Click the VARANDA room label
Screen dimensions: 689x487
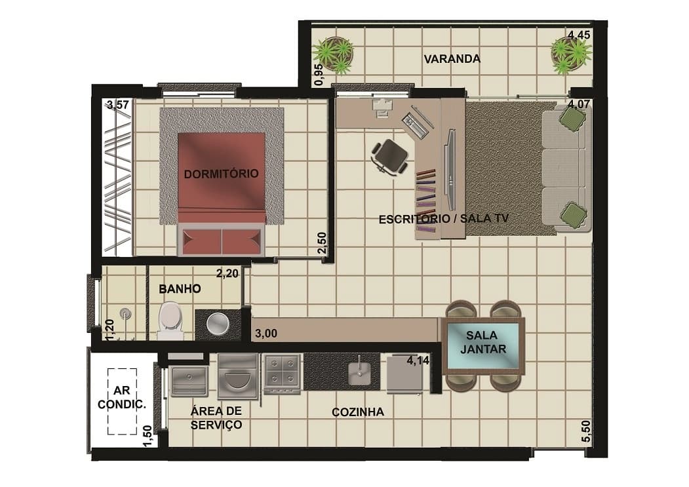452,59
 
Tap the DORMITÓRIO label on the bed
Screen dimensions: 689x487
221,174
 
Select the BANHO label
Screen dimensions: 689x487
180,289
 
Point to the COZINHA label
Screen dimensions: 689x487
358,412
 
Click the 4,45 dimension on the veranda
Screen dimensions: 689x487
579,35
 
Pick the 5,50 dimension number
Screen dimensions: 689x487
586,432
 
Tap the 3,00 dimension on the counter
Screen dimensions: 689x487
266,334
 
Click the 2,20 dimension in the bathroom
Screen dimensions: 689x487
227,274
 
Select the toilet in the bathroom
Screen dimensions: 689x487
170,320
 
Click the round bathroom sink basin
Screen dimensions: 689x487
218,324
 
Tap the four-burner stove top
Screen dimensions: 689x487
282,373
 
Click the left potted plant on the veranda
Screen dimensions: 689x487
334,55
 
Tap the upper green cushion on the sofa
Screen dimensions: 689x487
572,119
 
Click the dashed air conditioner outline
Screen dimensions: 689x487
122,401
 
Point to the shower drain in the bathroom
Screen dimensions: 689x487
126,313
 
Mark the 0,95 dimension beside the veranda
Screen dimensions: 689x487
319,75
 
